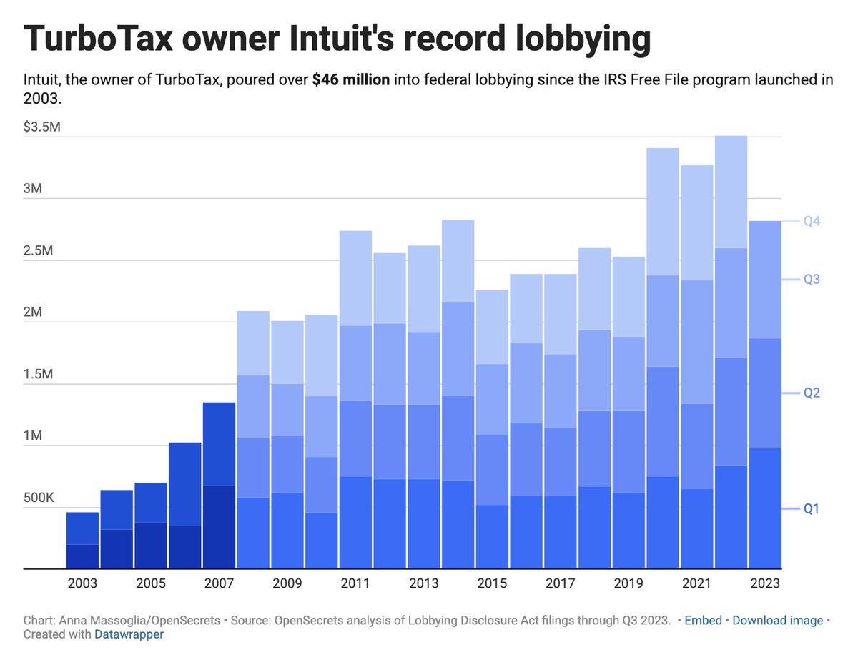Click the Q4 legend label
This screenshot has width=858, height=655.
(811, 222)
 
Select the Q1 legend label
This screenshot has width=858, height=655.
(811, 509)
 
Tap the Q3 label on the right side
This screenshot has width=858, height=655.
(811, 280)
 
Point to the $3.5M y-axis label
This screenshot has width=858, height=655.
(42, 128)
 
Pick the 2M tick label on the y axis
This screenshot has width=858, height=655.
(34, 313)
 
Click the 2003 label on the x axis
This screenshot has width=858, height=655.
(82, 583)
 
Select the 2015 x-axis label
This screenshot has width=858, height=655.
(493, 583)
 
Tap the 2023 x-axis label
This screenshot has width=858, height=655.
(765, 583)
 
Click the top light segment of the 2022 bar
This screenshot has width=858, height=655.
(731, 192)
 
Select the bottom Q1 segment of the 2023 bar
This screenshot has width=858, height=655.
(765, 508)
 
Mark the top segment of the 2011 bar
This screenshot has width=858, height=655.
(355, 277)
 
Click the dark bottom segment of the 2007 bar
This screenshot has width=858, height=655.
(219, 527)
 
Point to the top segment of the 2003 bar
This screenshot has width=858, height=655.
(82, 528)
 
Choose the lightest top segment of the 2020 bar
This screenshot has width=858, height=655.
(662, 211)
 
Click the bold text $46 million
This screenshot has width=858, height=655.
(351, 79)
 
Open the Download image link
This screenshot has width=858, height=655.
(777, 620)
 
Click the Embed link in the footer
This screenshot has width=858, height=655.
(703, 620)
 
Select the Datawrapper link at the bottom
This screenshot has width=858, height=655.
(129, 634)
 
